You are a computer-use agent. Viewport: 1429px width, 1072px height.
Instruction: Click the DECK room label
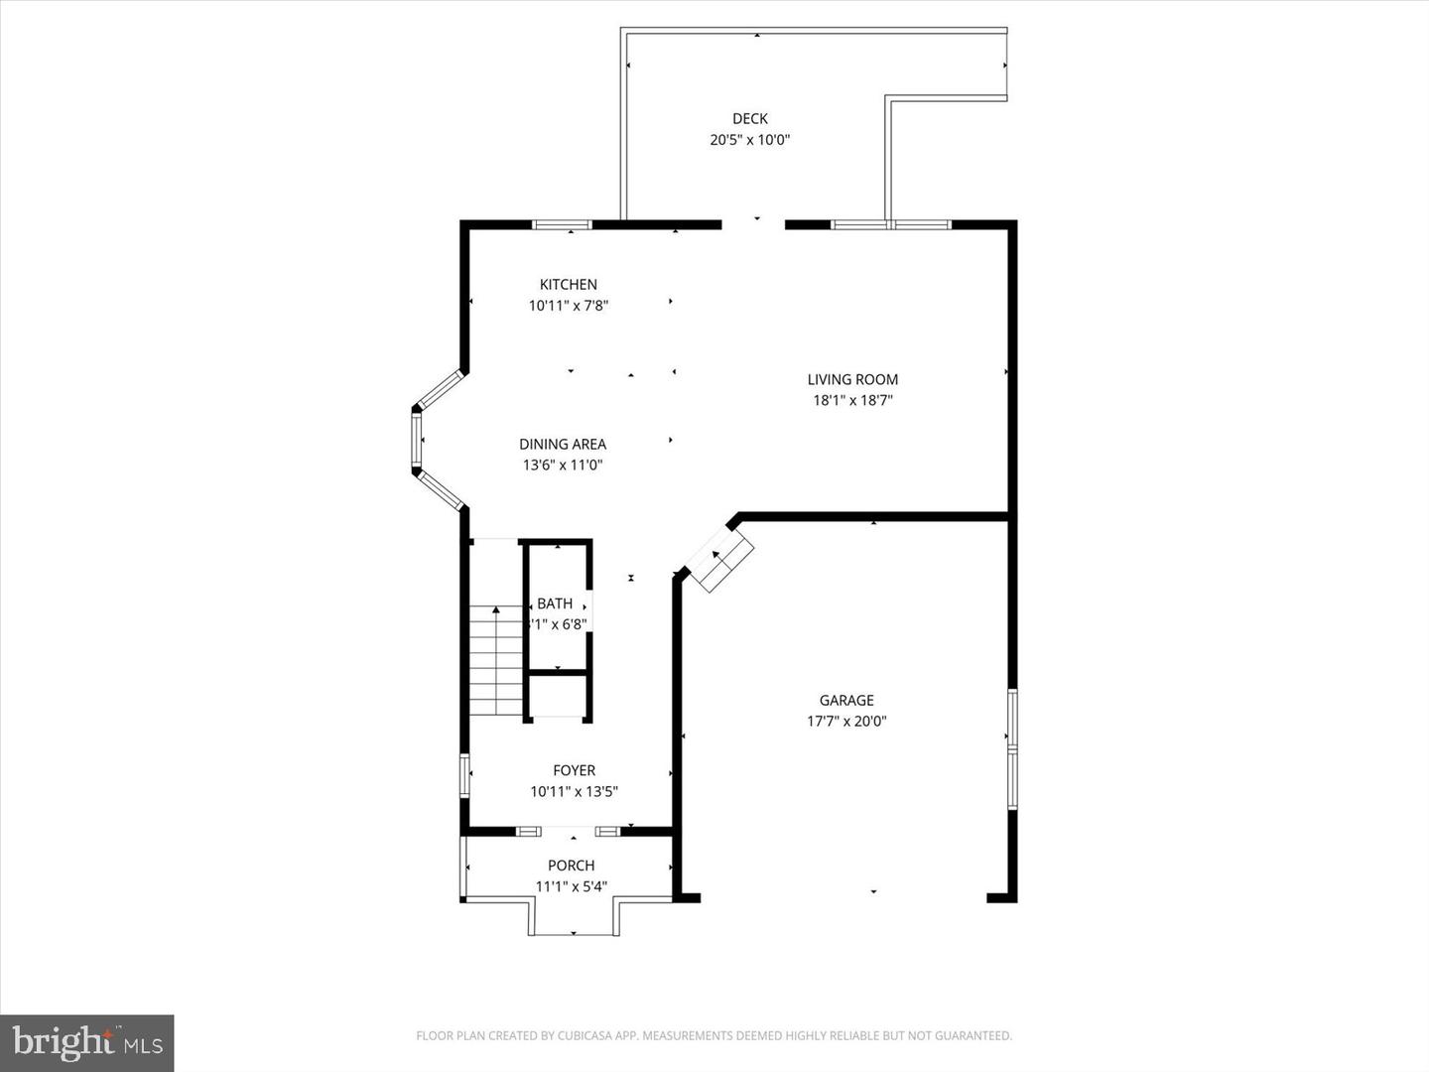click(x=750, y=118)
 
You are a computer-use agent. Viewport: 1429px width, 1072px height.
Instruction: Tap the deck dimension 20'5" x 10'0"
click(x=750, y=140)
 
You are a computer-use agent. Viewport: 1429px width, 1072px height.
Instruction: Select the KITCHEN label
click(x=569, y=285)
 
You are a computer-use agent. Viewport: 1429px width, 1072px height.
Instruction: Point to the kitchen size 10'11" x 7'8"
click(x=569, y=306)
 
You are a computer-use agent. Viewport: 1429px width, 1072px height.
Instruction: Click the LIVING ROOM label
click(x=852, y=379)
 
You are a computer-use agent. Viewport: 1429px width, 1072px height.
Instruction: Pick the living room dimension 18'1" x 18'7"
click(x=852, y=401)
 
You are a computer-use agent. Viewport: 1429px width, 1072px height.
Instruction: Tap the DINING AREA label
click(x=563, y=444)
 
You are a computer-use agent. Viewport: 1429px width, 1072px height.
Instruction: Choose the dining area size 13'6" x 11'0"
click(x=563, y=466)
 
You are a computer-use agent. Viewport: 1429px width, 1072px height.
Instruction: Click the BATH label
click(x=555, y=603)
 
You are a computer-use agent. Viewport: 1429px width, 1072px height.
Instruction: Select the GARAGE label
click(x=846, y=700)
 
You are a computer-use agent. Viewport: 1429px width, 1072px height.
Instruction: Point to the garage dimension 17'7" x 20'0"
click(x=846, y=722)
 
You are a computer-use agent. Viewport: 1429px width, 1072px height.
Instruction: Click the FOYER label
click(x=575, y=770)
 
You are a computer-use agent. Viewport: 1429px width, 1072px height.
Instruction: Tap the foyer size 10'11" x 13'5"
click(x=575, y=792)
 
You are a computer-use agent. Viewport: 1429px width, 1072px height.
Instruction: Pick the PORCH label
click(x=572, y=866)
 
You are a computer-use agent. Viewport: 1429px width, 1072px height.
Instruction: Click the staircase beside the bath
click(x=495, y=660)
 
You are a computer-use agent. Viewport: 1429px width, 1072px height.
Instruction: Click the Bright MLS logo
click(x=87, y=1042)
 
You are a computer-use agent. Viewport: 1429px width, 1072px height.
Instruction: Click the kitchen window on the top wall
click(x=563, y=224)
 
